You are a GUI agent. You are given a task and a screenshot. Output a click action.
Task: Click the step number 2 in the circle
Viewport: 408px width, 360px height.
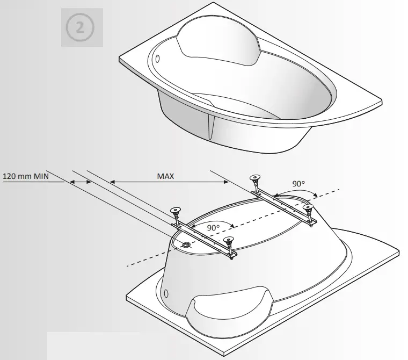coord(80,27)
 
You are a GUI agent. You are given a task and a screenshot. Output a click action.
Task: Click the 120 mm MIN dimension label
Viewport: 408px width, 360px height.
coord(25,176)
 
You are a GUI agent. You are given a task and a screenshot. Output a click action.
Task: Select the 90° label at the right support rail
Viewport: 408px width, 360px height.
coord(298,184)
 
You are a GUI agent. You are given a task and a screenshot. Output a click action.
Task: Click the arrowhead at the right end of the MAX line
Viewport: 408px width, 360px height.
coord(225,183)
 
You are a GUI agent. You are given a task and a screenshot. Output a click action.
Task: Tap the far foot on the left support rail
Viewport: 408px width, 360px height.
coord(175,211)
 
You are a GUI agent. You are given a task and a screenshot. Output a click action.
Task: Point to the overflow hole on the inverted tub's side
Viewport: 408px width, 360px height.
coord(165,294)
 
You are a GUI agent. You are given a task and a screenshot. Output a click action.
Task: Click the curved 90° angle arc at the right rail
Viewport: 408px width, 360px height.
coord(295,193)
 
